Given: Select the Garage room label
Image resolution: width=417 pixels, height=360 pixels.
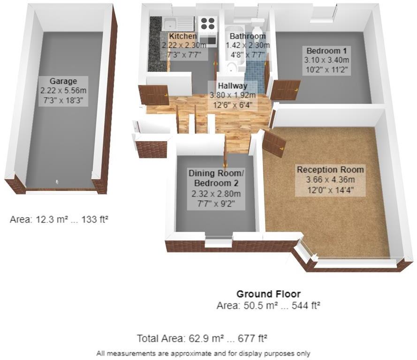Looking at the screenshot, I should [x=63, y=81].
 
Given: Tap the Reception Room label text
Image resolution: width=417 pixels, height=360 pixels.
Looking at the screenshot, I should [x=330, y=170].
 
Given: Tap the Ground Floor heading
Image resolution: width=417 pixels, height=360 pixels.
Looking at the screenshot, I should [x=268, y=294].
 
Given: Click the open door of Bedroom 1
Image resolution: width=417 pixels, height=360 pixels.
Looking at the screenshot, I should [x=285, y=90].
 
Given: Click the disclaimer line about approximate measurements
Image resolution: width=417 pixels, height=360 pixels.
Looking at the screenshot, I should [x=203, y=353].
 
